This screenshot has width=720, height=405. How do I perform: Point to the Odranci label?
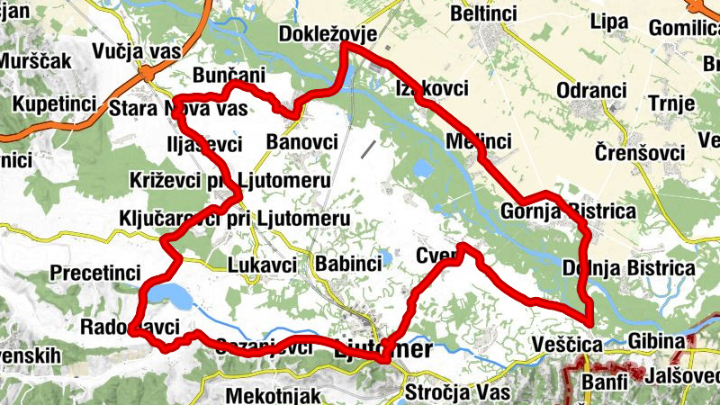591,92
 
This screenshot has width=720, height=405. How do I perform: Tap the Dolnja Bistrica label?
628,268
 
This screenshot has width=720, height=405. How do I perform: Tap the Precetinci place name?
96,272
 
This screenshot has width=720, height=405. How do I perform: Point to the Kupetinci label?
54,103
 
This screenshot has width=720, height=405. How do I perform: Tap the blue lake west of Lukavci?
169,294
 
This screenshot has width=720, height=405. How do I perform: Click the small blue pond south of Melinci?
421,167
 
